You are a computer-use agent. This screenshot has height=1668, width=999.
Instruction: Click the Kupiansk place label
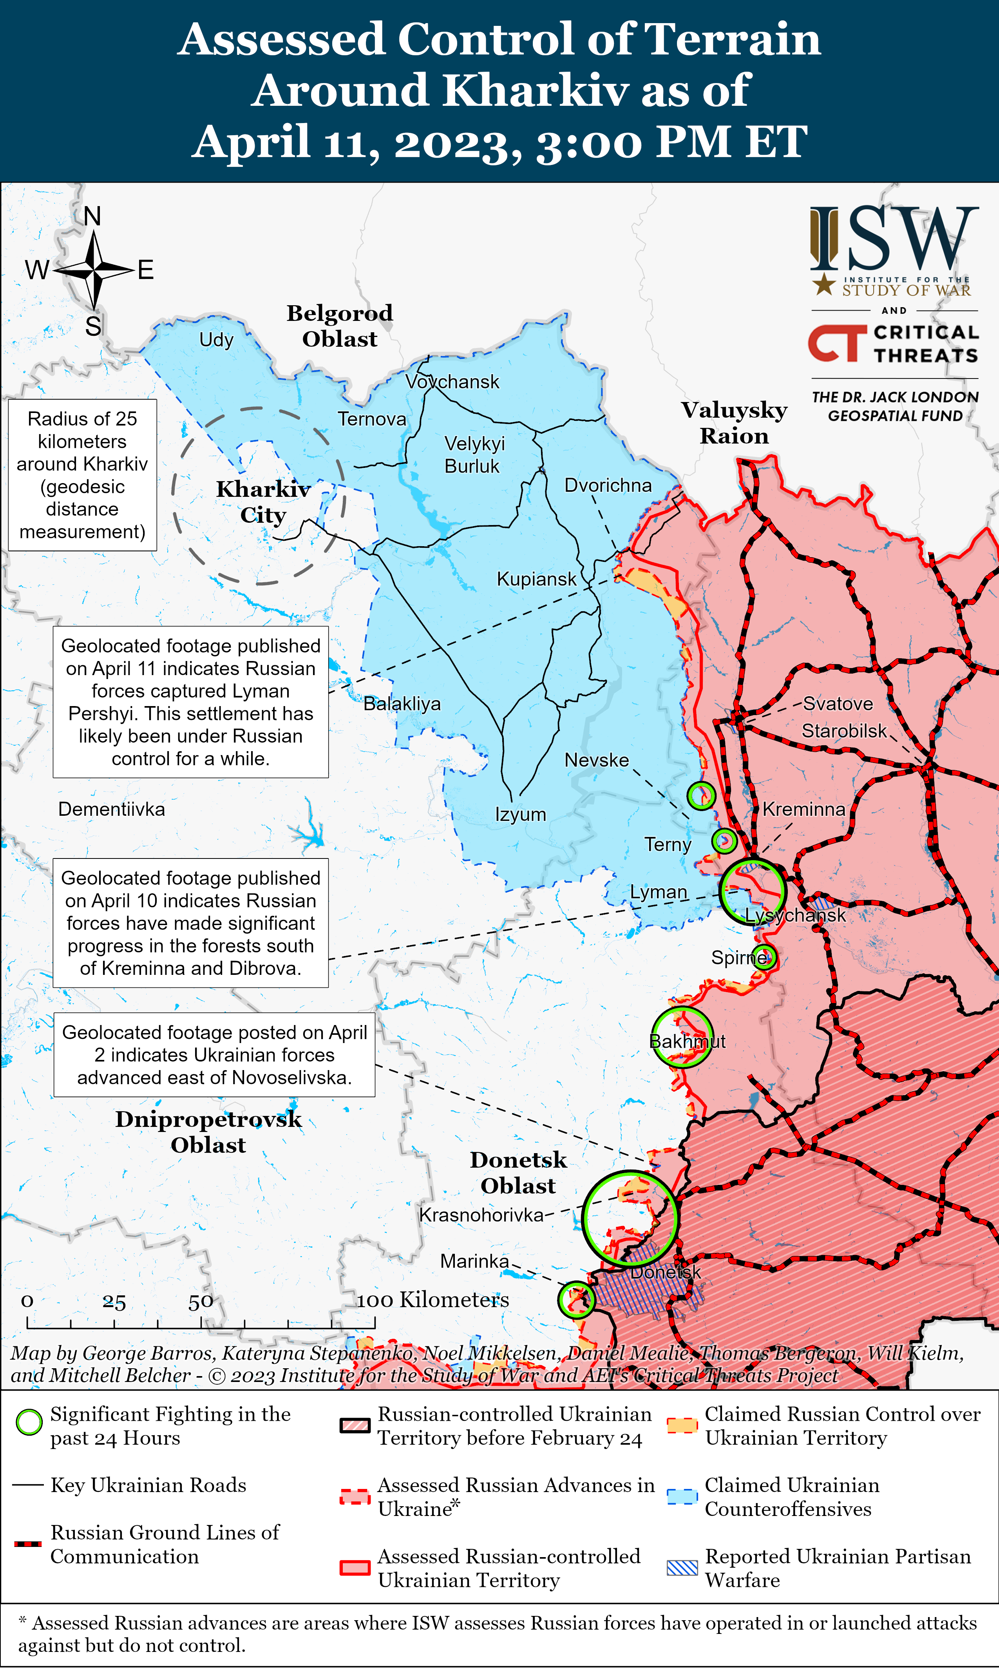[x=536, y=579]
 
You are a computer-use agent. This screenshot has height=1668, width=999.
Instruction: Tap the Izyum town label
[x=520, y=815]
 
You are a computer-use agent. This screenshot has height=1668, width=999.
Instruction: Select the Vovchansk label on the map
[x=452, y=382]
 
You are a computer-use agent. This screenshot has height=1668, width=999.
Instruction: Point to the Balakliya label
[x=402, y=704]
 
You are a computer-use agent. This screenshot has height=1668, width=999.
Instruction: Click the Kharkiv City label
[x=263, y=502]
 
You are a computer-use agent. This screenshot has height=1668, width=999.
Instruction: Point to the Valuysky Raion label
[x=734, y=423]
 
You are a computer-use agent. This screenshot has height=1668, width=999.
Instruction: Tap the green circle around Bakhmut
[x=681, y=1037]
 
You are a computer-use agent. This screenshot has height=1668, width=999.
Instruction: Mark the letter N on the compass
[x=92, y=216]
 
